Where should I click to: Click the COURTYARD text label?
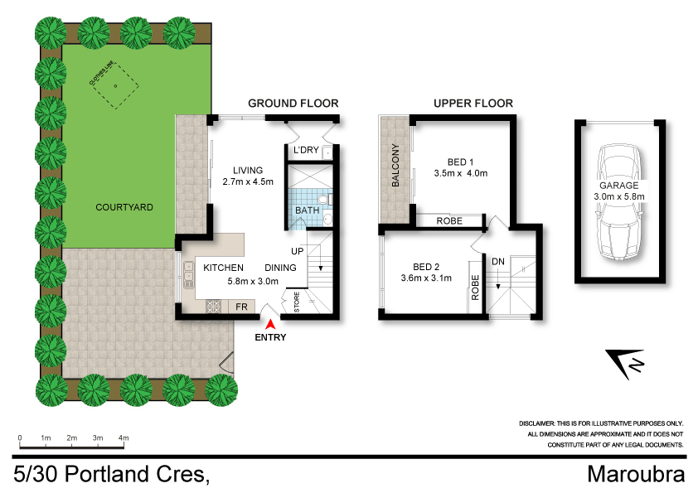124,207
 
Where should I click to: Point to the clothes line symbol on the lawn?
114,86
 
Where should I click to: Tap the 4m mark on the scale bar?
124,437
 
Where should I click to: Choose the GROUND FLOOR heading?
293,104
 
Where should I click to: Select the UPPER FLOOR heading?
473,104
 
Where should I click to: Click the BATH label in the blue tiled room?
307,211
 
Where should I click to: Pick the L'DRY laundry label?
306,150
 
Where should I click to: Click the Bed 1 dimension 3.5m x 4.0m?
461,173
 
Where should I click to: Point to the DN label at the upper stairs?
498,261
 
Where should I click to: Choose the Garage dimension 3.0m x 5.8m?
618,196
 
